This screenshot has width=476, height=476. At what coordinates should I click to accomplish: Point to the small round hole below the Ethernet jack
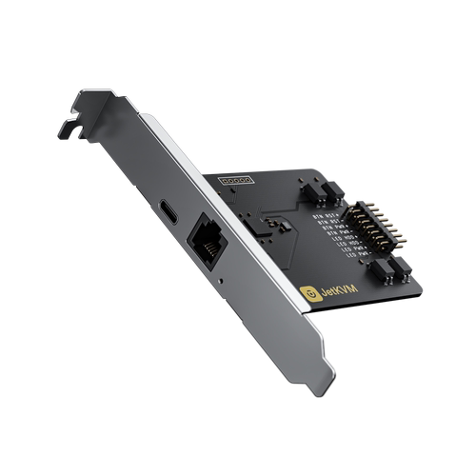coord(221,282)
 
